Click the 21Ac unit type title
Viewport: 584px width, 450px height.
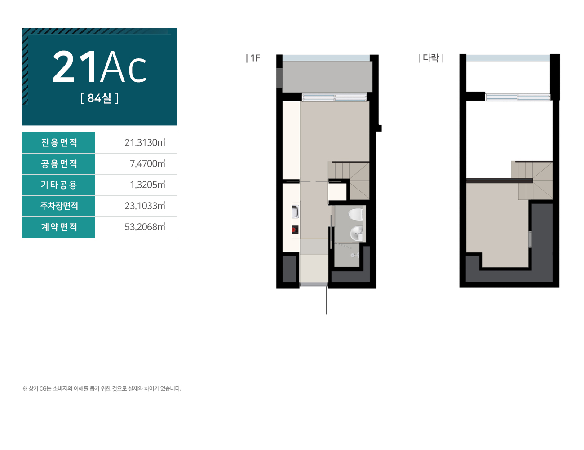99,66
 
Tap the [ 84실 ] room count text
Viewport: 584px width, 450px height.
99,98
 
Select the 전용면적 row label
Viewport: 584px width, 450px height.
59,143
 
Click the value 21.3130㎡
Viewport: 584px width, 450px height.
145,143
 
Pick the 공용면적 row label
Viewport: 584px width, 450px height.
59,163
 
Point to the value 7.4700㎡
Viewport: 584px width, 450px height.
147,163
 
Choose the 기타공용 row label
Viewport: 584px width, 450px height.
59,185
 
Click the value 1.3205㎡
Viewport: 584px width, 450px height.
147,185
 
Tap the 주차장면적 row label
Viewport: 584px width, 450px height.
59,206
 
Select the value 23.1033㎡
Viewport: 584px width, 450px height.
145,206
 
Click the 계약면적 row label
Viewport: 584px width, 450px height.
59,227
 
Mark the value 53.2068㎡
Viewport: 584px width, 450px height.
145,227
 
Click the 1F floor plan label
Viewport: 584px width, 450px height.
253,58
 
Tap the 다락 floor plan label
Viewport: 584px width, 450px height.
431,58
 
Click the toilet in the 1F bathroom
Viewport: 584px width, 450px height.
355,214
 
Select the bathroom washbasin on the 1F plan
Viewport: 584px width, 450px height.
356,233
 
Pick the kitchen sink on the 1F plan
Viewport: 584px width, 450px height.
295,211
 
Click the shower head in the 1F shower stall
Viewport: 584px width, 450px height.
354,255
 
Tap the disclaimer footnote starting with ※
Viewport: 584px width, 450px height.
102,388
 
